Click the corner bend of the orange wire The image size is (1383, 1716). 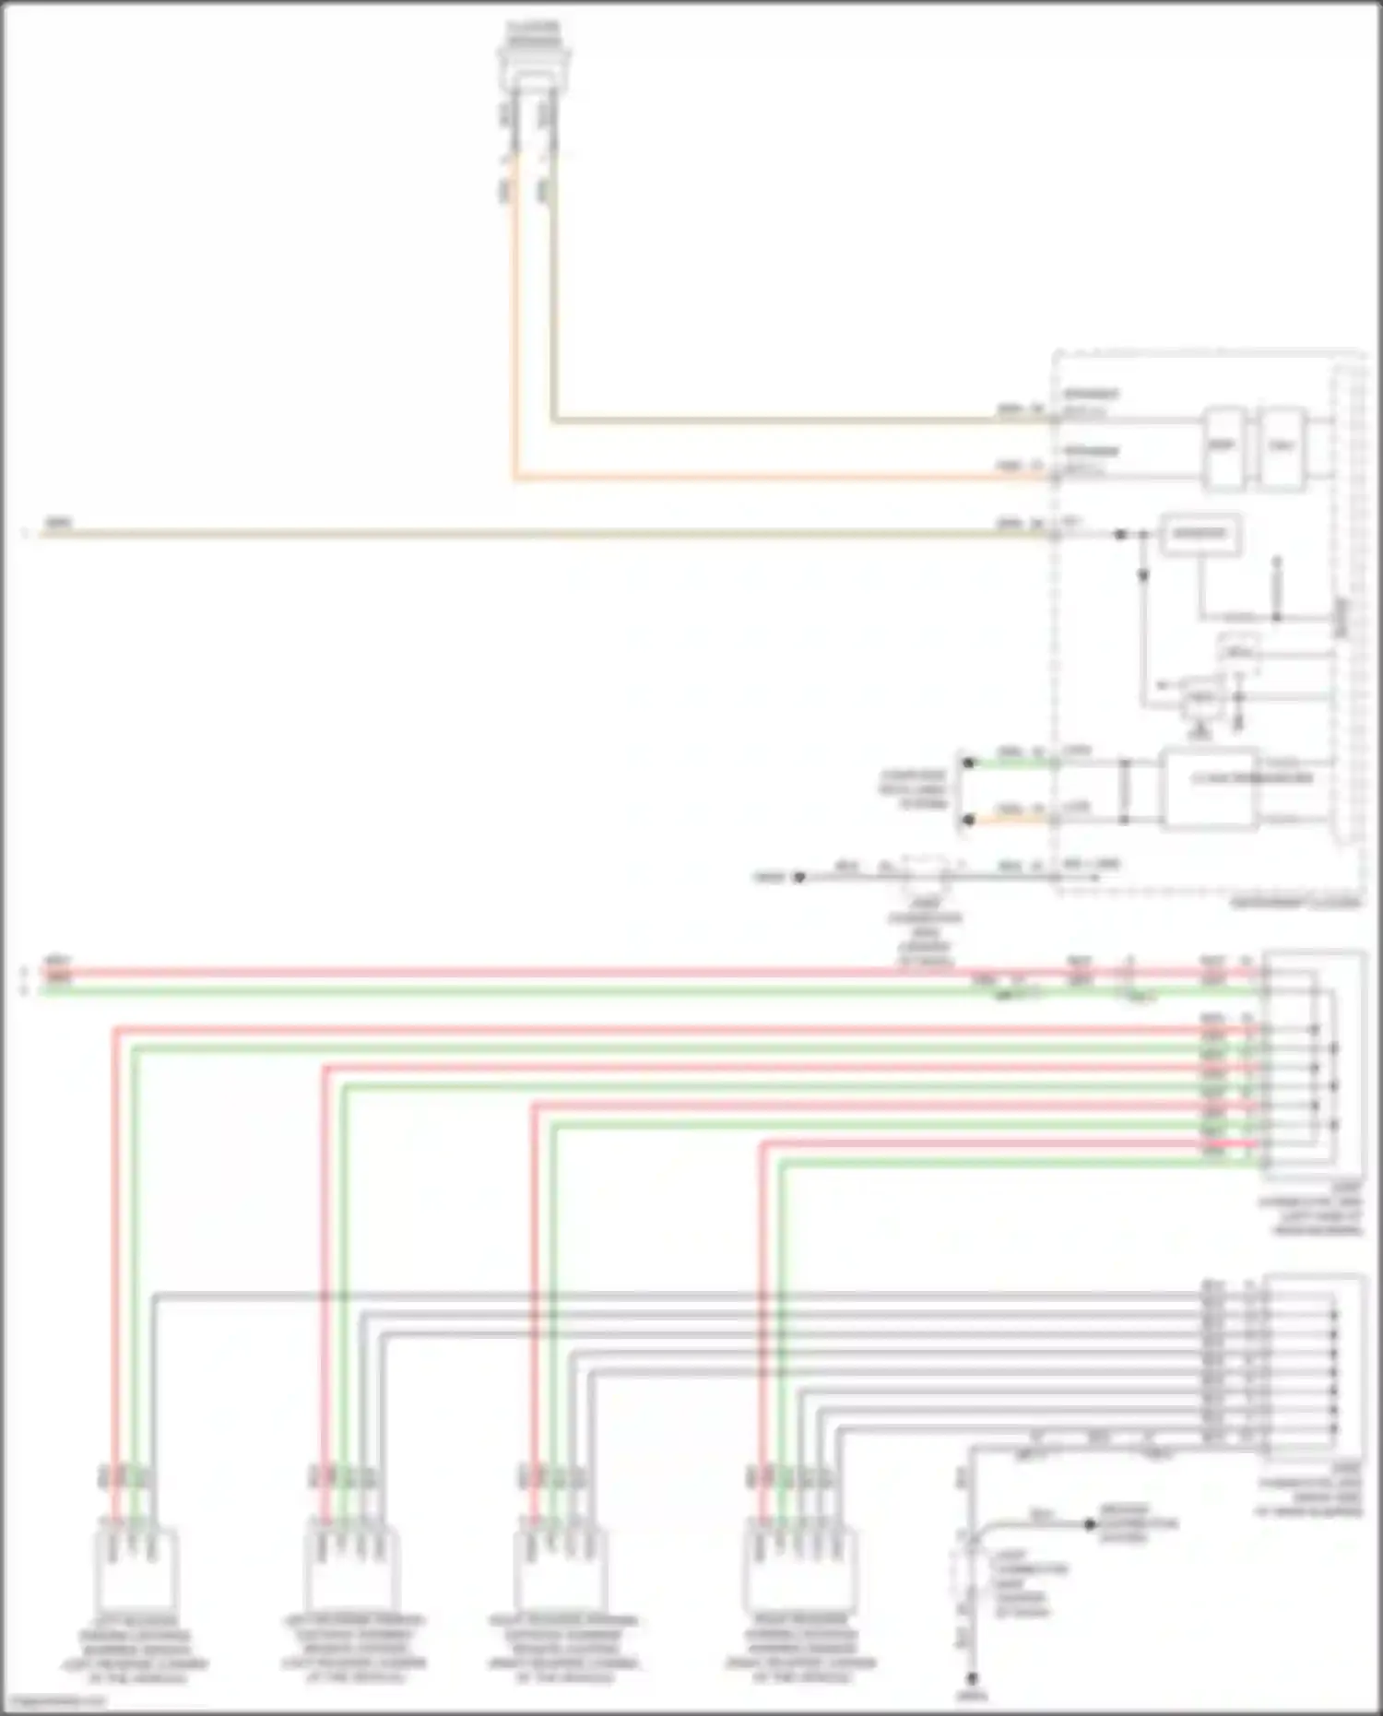[x=515, y=479]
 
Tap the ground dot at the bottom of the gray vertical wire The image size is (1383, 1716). [x=971, y=1679]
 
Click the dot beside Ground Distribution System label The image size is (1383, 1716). [x=1091, y=1525]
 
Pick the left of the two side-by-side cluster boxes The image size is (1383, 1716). [x=1223, y=447]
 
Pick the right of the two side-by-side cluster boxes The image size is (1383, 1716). [x=1283, y=447]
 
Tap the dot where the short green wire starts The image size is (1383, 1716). [x=968, y=763]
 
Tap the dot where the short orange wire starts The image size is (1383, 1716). [x=968, y=819]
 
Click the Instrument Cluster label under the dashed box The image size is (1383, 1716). [x=1295, y=904]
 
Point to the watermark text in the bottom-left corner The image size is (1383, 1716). [x=53, y=1701]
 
